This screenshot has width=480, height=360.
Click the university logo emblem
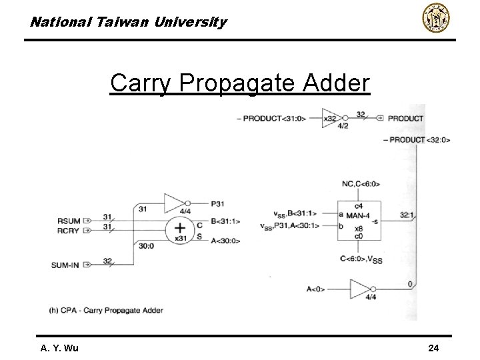[436, 17]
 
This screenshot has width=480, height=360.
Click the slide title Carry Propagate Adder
[239, 83]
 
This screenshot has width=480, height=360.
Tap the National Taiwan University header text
[128, 22]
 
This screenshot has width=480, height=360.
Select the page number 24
[433, 348]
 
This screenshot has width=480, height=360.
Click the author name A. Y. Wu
[59, 348]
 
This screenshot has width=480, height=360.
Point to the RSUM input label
[69, 221]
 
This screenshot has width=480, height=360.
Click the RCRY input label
[69, 231]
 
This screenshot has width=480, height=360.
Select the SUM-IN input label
[65, 265]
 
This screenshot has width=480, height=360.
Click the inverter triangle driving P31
[175, 203]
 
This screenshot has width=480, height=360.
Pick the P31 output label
[219, 203]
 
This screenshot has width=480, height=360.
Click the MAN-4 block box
[358, 221]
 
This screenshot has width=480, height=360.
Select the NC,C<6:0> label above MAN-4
[361, 183]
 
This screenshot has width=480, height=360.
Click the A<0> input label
[316, 289]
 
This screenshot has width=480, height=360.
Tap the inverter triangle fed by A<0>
[361, 289]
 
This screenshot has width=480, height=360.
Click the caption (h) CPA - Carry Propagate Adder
[106, 310]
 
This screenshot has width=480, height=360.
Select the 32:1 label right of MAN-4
[406, 215]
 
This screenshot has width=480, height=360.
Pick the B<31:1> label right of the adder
[225, 221]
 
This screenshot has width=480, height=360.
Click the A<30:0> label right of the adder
[226, 241]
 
